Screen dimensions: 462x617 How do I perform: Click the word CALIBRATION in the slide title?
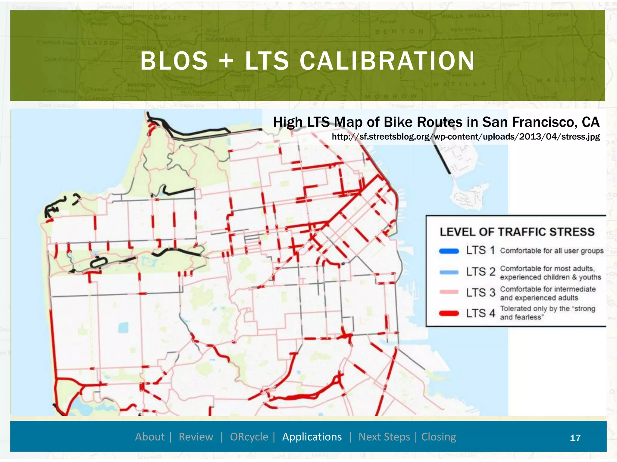pyautogui.click(x=387, y=61)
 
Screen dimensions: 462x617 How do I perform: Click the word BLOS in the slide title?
pyautogui.click(x=174, y=61)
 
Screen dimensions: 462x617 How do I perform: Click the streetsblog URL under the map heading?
pyautogui.click(x=466, y=137)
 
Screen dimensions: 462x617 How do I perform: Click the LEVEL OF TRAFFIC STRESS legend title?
pyautogui.click(x=517, y=232)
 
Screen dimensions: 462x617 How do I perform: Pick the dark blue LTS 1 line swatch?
pyautogui.click(x=449, y=251)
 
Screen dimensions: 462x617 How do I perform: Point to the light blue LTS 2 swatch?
pyautogui.click(x=449, y=272)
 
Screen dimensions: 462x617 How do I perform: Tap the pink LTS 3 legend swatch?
pyautogui.click(x=449, y=292)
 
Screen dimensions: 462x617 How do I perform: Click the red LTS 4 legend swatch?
pyautogui.click(x=449, y=313)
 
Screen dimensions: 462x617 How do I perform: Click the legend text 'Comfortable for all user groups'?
pyautogui.click(x=552, y=251)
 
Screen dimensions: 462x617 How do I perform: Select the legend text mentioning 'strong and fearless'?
pyautogui.click(x=547, y=313)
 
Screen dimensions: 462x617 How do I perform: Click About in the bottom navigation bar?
pyautogui.click(x=150, y=437)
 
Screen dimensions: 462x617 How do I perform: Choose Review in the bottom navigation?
pyautogui.click(x=196, y=437)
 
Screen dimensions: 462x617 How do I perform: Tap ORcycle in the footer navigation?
pyautogui.click(x=249, y=437)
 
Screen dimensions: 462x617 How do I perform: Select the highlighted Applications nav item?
pyautogui.click(x=312, y=437)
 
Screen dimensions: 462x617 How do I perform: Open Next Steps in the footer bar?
pyautogui.click(x=384, y=437)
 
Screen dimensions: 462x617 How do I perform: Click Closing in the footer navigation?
pyautogui.click(x=439, y=437)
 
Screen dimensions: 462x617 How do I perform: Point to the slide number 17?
pyautogui.click(x=575, y=438)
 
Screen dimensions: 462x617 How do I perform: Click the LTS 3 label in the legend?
pyautogui.click(x=481, y=292)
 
